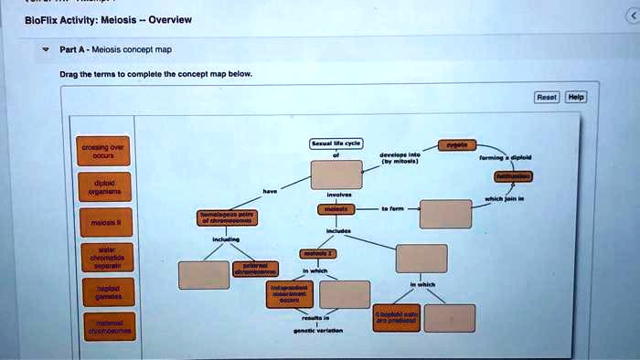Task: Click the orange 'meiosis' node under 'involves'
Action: point(337,209)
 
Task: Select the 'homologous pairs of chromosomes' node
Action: point(229,217)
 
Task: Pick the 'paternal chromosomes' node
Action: point(250,269)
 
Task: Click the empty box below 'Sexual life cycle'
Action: point(337,174)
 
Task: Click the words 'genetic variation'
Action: point(316,330)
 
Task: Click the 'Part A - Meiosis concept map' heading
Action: point(115,50)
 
